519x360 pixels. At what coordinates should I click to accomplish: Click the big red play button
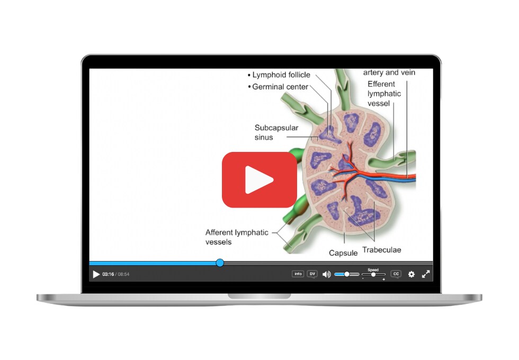point(259,179)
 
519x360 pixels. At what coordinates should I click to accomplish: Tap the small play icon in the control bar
point(96,274)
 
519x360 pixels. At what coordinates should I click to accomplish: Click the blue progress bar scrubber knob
point(220,263)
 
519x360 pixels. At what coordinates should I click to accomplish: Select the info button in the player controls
point(298,274)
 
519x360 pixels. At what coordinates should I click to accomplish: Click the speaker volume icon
point(326,274)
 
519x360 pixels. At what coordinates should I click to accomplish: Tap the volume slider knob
point(346,274)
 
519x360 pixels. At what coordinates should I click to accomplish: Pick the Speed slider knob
point(373,275)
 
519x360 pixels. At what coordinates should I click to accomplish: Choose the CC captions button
point(396,274)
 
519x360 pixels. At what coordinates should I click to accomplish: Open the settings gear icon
point(411,274)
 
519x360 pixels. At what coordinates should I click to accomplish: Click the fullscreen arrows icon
point(426,274)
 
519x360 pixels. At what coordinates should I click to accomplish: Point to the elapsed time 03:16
point(108,274)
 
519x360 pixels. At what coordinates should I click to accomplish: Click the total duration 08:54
point(123,274)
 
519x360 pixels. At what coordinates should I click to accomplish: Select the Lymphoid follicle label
point(281,75)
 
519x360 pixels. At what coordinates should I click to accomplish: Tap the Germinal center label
point(280,87)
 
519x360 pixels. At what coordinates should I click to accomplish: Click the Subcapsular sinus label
point(276,132)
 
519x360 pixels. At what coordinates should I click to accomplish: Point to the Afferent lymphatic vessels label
point(237,237)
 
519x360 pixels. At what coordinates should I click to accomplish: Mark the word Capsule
point(343,253)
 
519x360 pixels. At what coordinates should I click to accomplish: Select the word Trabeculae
point(382,250)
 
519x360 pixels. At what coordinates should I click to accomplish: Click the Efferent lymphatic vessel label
point(384,94)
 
